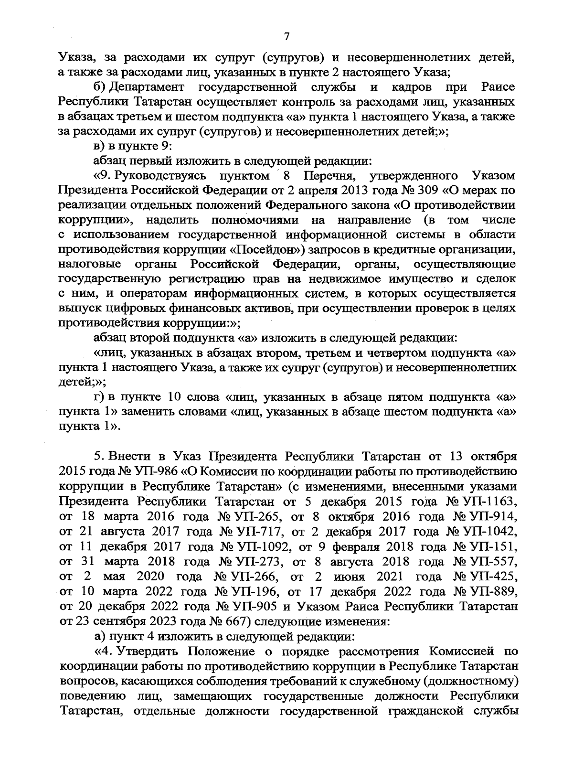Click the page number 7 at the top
(x=286, y=36)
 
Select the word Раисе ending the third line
(x=498, y=87)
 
